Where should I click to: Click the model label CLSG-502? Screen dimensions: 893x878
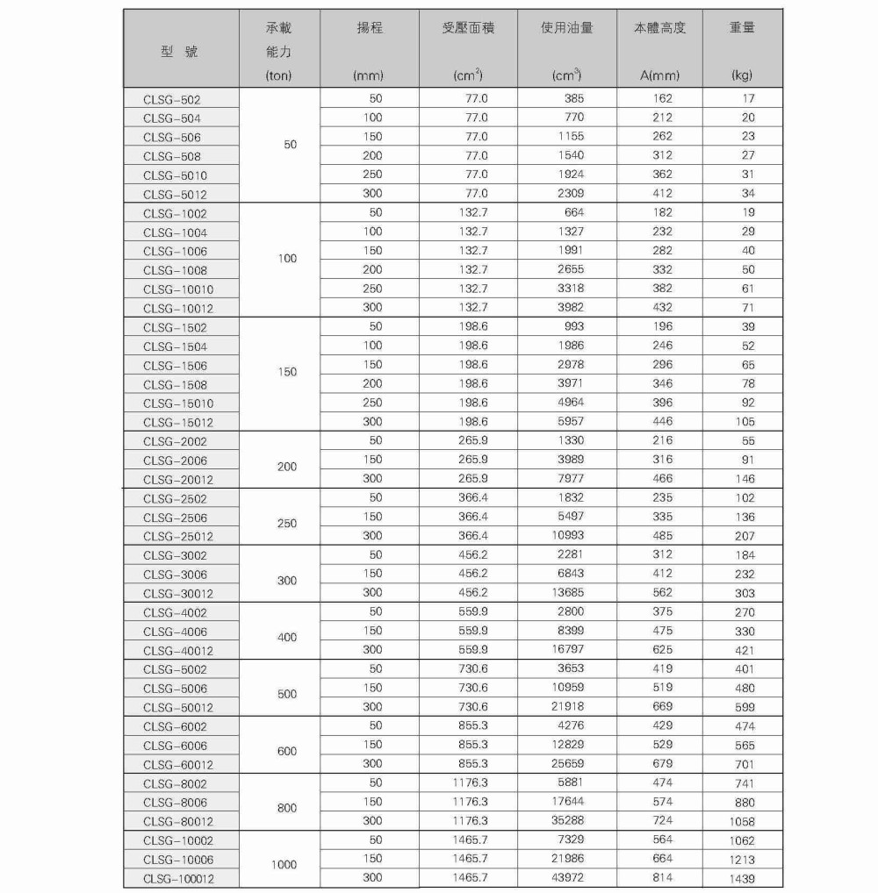coord(171,100)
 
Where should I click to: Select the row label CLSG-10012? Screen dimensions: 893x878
coord(177,309)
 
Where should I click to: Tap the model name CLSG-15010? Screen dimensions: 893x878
coord(177,404)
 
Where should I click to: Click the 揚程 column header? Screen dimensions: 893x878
coord(368,28)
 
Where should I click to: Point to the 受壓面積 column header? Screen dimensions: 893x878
coord(468,28)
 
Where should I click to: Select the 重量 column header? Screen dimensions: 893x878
coord(742,28)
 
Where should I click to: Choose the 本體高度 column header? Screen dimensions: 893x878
coord(660,28)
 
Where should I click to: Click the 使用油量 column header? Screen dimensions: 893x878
coord(566,28)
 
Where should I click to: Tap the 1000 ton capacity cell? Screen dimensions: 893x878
coord(284,865)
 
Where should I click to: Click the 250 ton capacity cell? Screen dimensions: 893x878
coord(287,524)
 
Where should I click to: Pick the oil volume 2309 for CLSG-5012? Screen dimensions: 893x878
coord(570,193)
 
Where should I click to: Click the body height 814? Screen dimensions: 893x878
coord(662,877)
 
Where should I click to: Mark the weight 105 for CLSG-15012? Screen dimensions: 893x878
coord(744,422)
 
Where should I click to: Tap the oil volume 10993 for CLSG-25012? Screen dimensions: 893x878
coord(567,535)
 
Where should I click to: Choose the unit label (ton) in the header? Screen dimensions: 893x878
coord(278,76)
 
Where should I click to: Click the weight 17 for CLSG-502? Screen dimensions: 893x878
coord(747,98)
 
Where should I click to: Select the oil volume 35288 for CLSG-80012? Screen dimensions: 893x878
coord(567,820)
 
